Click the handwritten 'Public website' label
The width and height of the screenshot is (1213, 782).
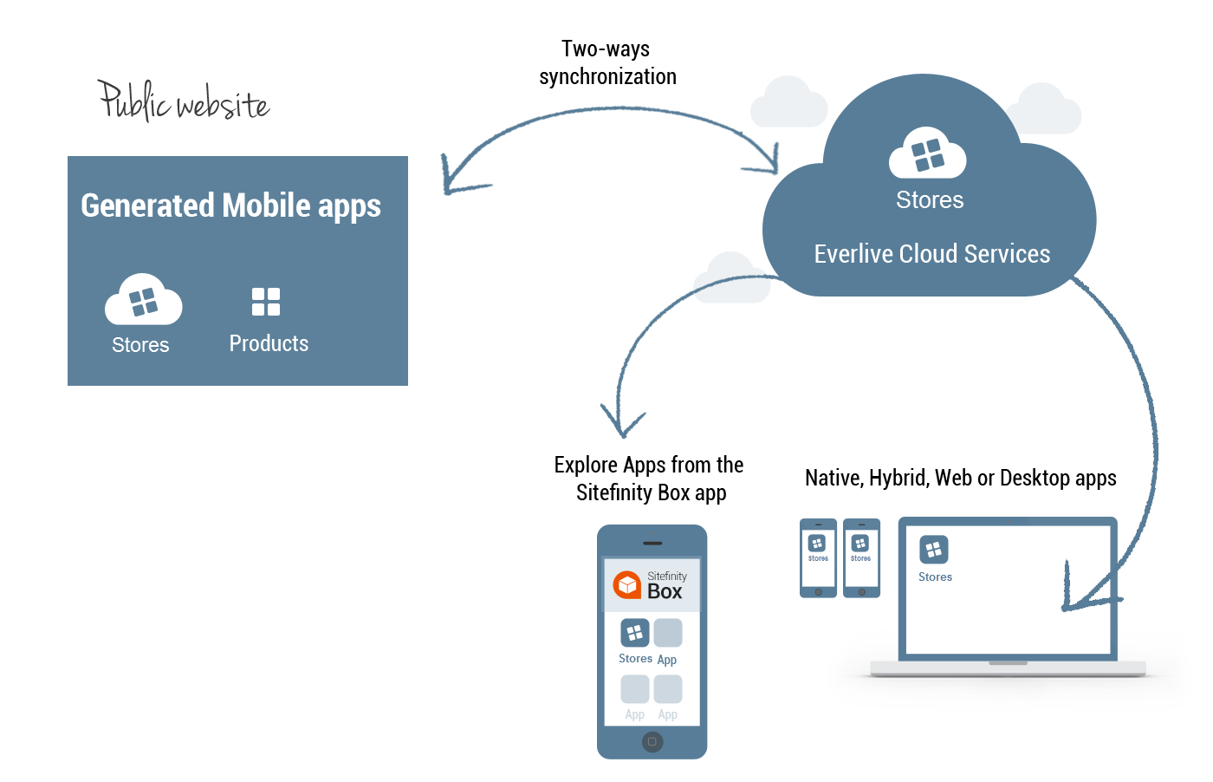click(x=183, y=101)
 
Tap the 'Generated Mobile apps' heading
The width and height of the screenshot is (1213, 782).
click(x=230, y=206)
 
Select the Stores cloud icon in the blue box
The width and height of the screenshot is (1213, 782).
click(x=143, y=299)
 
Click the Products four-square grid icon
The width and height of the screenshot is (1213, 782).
click(x=266, y=302)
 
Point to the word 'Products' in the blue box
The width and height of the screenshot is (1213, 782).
click(x=269, y=343)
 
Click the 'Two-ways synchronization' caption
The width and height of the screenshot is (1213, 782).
click(x=606, y=62)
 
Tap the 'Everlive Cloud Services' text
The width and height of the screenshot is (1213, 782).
click(x=931, y=254)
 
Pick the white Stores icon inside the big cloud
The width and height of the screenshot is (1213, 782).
click(x=928, y=154)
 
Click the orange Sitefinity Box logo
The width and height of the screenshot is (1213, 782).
click(x=626, y=584)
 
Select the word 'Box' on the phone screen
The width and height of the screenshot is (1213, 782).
click(x=665, y=592)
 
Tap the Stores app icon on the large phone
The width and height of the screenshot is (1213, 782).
click(x=635, y=632)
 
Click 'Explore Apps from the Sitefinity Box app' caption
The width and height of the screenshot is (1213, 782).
click(x=649, y=479)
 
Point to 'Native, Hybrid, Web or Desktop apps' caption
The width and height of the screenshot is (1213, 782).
click(x=960, y=478)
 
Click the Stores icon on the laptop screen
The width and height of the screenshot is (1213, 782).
click(x=933, y=550)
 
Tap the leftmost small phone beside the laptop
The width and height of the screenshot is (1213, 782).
click(x=818, y=557)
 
